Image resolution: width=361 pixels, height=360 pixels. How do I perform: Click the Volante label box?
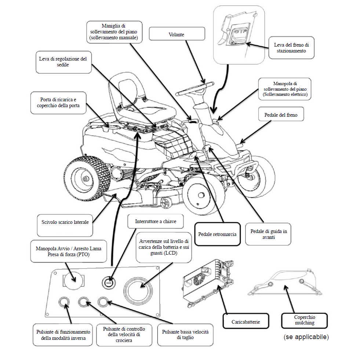click(176, 34)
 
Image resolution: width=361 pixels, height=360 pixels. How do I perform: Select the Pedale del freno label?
click(281, 115)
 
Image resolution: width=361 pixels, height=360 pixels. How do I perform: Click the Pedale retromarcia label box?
click(217, 234)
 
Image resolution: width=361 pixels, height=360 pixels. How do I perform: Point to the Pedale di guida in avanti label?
click(268, 234)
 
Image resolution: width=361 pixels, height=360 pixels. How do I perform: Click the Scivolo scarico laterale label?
click(65, 222)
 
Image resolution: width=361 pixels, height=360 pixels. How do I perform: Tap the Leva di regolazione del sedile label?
click(63, 62)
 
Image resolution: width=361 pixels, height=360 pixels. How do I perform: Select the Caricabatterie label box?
click(245, 321)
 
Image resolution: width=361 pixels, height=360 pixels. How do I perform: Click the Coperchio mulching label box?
click(305, 320)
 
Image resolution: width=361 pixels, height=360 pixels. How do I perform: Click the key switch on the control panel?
click(108, 283)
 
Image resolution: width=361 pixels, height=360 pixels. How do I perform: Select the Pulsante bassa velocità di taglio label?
click(185, 335)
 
